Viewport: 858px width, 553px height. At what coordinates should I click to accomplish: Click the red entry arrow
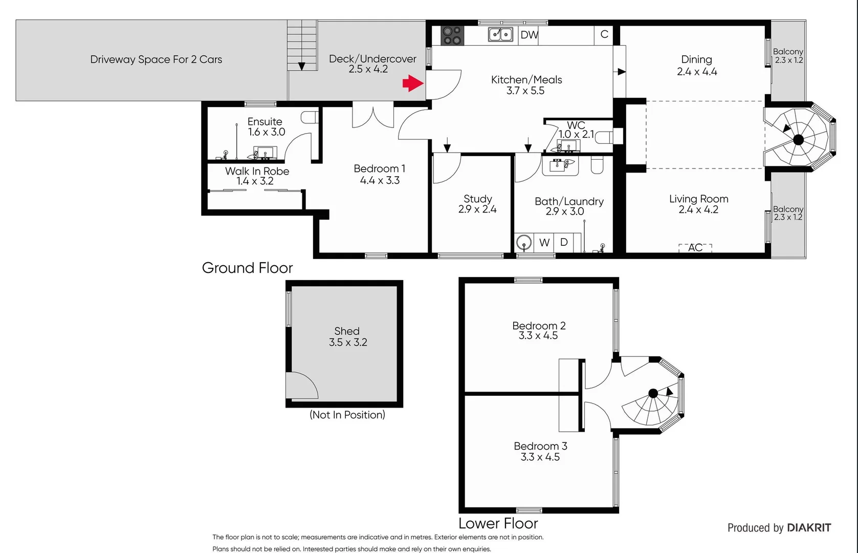click(413, 83)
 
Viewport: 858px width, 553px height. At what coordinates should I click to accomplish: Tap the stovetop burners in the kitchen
click(452, 35)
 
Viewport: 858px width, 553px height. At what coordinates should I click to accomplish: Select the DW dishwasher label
click(529, 35)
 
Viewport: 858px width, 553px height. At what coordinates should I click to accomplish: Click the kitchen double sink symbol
click(500, 34)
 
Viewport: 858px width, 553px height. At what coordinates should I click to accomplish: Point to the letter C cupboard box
click(604, 34)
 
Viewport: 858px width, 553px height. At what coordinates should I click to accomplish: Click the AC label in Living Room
click(695, 248)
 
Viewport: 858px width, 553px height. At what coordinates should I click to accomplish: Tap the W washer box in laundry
click(544, 243)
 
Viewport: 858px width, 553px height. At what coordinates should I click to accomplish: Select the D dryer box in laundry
click(564, 242)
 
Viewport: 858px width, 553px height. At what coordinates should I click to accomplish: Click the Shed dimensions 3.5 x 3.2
click(348, 343)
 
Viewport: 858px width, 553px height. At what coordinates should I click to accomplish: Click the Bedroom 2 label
click(539, 326)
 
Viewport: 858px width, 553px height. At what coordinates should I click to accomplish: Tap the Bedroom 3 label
click(540, 446)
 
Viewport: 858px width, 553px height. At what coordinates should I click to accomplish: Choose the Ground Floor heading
click(247, 268)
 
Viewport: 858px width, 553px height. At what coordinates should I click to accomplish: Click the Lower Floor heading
click(498, 523)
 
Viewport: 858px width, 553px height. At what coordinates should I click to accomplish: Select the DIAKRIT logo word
click(809, 528)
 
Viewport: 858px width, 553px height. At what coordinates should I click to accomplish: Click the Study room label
click(477, 199)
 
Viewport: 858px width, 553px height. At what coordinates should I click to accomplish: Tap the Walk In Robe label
click(257, 171)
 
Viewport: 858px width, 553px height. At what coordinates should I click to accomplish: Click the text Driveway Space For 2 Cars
click(156, 59)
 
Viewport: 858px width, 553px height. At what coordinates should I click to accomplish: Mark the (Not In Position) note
click(347, 415)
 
